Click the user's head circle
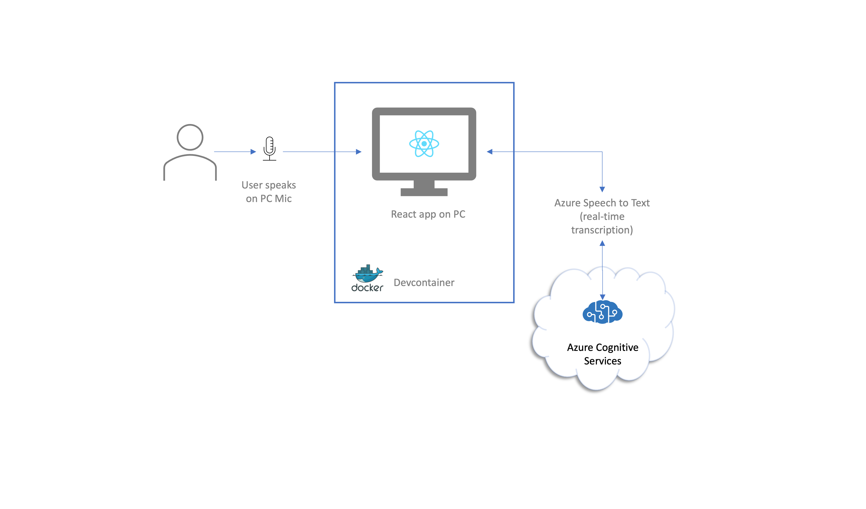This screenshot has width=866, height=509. [x=190, y=137]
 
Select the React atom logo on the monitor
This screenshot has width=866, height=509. [x=424, y=144]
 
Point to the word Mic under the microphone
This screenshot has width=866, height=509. [x=283, y=199]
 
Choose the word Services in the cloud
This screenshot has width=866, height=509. [x=602, y=361]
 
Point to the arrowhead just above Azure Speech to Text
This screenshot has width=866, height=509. [x=602, y=189]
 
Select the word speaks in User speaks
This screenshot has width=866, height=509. [x=280, y=185]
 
